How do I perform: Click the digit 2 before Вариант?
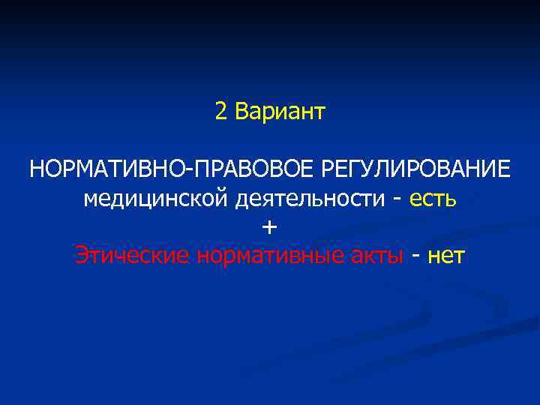pos(220,112)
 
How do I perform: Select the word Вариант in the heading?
pos(280,112)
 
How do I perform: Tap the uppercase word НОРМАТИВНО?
pos(110,169)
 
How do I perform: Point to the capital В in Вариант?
pos(241,112)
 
